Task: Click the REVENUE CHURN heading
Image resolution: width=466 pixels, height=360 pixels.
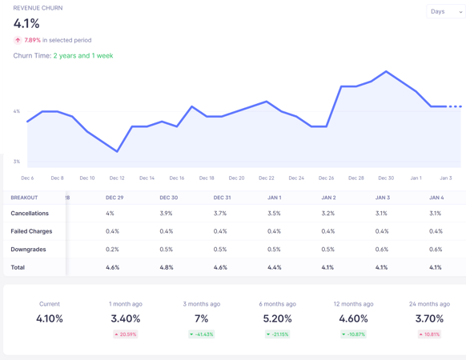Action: click(x=38, y=8)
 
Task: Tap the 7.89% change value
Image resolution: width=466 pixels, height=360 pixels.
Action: click(x=32, y=40)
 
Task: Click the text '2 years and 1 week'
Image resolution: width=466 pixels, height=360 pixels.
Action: click(x=83, y=56)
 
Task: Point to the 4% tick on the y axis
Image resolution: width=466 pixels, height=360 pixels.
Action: click(x=17, y=111)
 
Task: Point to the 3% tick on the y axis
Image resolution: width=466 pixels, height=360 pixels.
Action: click(x=17, y=162)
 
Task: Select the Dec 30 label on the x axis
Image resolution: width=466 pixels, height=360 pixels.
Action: click(x=386, y=178)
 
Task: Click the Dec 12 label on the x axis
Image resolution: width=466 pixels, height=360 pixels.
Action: click(x=117, y=178)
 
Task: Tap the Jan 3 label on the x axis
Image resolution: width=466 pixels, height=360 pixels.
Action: click(x=445, y=178)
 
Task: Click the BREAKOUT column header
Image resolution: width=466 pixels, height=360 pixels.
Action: click(x=24, y=198)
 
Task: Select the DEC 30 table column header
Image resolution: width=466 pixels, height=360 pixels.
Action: click(x=168, y=198)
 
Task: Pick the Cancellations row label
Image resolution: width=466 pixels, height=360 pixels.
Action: click(x=30, y=214)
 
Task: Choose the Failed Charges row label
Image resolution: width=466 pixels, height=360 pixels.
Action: click(x=31, y=231)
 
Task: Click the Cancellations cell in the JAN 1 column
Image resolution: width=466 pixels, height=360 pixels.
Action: click(x=274, y=214)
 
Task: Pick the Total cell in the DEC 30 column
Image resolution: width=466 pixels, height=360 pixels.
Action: click(x=167, y=267)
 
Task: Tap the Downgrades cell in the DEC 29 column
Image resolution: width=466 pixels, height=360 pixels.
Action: click(x=112, y=250)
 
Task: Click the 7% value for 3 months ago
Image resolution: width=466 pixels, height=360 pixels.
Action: click(x=201, y=318)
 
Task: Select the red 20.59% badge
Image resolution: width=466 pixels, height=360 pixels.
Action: click(x=125, y=334)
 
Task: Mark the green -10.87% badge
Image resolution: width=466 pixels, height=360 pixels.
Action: click(x=353, y=334)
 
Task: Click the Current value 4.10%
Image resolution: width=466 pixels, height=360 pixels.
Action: click(x=50, y=318)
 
